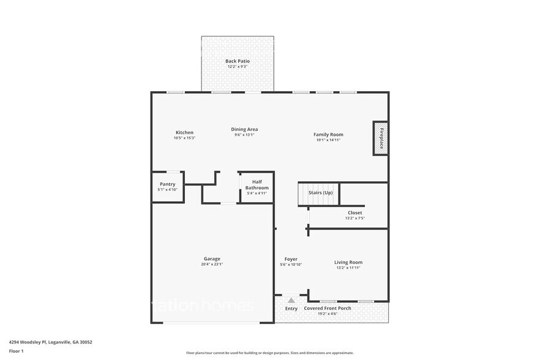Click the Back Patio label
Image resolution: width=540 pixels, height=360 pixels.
pyautogui.click(x=238, y=61)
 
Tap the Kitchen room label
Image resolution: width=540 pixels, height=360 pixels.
pyautogui.click(x=184, y=132)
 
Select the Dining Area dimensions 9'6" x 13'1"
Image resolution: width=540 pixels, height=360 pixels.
pyautogui.click(x=244, y=135)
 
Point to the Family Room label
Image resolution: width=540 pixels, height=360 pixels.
pyautogui.click(x=328, y=134)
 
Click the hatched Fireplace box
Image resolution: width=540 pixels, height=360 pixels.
pyautogui.click(x=380, y=138)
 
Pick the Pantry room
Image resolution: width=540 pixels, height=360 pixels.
pyautogui.click(x=167, y=186)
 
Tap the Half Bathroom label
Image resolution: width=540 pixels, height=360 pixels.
pyautogui.click(x=257, y=185)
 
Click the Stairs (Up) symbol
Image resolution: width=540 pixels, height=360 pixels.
pyautogui.click(x=318, y=194)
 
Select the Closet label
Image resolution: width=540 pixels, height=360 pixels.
pyautogui.click(x=354, y=212)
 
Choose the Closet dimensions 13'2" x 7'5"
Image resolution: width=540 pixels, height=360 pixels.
pyautogui.click(x=354, y=218)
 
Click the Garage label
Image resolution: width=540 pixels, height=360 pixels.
pyautogui.click(x=212, y=258)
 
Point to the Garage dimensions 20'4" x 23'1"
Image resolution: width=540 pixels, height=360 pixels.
pyautogui.click(x=212, y=264)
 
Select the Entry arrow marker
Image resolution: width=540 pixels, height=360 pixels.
pyautogui.click(x=291, y=301)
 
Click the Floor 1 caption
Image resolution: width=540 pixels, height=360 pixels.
pyautogui.click(x=16, y=351)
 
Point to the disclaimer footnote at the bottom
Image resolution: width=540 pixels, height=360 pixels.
pyautogui.click(x=270, y=353)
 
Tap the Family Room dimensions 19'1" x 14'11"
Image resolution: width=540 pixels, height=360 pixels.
pyautogui.click(x=328, y=140)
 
